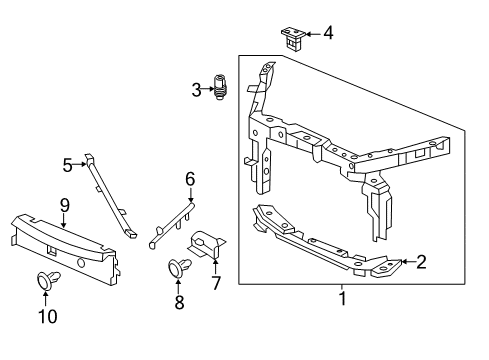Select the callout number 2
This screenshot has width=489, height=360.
pyautogui.click(x=421, y=263)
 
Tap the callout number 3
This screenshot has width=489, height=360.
pyautogui.click(x=196, y=90)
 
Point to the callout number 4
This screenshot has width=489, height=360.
pyautogui.click(x=327, y=34)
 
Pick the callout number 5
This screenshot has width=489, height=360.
pyautogui.click(x=68, y=164)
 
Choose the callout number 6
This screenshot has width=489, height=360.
pyautogui.click(x=190, y=181)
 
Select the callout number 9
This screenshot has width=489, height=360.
pyautogui.click(x=63, y=205)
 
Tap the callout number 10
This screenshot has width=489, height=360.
pyautogui.click(x=48, y=316)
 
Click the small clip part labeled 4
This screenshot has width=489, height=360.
pyautogui.click(x=291, y=38)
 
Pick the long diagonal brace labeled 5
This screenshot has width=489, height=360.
pyautogui.click(x=111, y=198)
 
